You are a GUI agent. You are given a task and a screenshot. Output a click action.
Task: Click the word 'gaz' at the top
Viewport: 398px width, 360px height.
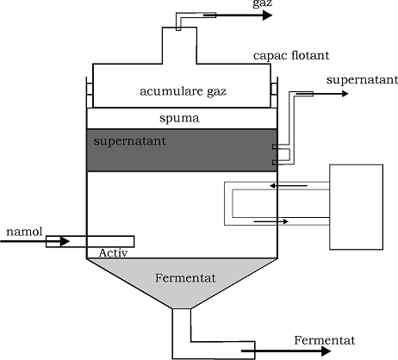click(263, 3)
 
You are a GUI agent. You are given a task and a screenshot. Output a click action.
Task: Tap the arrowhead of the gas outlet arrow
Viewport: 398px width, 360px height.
click(268, 15)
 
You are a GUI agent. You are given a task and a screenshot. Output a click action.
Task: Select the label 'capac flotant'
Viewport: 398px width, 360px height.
click(291, 55)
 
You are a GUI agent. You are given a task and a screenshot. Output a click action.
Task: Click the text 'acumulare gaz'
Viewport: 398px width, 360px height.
click(183, 91)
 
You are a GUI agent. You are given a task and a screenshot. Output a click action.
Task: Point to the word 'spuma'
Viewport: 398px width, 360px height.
click(179, 118)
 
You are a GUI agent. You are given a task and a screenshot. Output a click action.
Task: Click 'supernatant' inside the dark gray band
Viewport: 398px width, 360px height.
click(129, 141)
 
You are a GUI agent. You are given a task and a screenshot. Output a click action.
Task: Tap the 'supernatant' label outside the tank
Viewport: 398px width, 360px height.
click(362, 79)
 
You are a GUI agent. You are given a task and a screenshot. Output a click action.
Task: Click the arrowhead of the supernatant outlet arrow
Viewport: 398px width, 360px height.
click(345, 94)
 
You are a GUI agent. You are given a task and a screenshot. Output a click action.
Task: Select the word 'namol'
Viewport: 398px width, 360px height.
click(24, 232)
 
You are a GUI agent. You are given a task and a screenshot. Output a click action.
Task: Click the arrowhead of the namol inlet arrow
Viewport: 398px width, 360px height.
click(65, 241)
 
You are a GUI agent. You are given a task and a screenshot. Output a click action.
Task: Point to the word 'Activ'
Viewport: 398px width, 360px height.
click(113, 252)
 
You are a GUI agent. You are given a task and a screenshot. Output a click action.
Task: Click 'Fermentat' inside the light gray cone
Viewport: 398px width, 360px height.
click(185, 278)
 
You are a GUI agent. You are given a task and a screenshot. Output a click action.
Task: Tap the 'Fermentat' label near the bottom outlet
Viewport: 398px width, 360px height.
click(325, 340)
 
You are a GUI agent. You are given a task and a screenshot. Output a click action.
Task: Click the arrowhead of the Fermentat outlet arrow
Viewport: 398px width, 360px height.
click(326, 351)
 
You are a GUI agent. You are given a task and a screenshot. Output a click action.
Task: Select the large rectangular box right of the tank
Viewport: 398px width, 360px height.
click(356, 207)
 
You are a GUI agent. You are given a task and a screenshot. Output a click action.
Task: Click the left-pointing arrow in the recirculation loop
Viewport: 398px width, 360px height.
click(289, 186)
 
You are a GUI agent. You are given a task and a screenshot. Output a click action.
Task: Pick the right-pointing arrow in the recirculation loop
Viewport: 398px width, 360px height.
click(271, 221)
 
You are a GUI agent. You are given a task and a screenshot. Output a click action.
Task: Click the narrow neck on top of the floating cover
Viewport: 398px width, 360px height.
click(179, 46)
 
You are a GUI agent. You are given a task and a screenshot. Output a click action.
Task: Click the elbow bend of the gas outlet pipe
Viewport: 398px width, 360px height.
click(179, 15)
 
